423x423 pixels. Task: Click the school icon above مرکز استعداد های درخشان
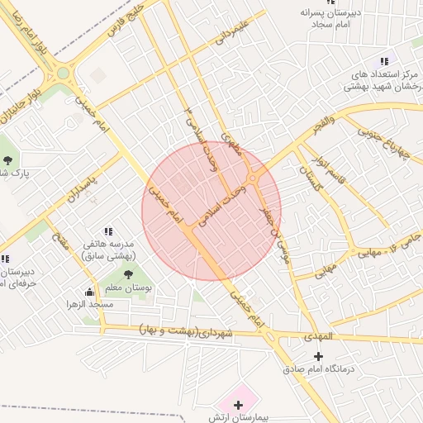[x=383, y=61]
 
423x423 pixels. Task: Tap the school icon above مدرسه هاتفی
[x=107, y=232]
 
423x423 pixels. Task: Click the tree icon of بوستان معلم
[x=127, y=273]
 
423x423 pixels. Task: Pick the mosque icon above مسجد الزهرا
[x=89, y=292]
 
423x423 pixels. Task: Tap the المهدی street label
[x=315, y=337]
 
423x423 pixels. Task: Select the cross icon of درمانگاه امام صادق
[x=319, y=356]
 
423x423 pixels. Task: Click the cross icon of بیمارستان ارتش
[x=239, y=405]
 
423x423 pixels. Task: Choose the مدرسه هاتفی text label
[x=113, y=250]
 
